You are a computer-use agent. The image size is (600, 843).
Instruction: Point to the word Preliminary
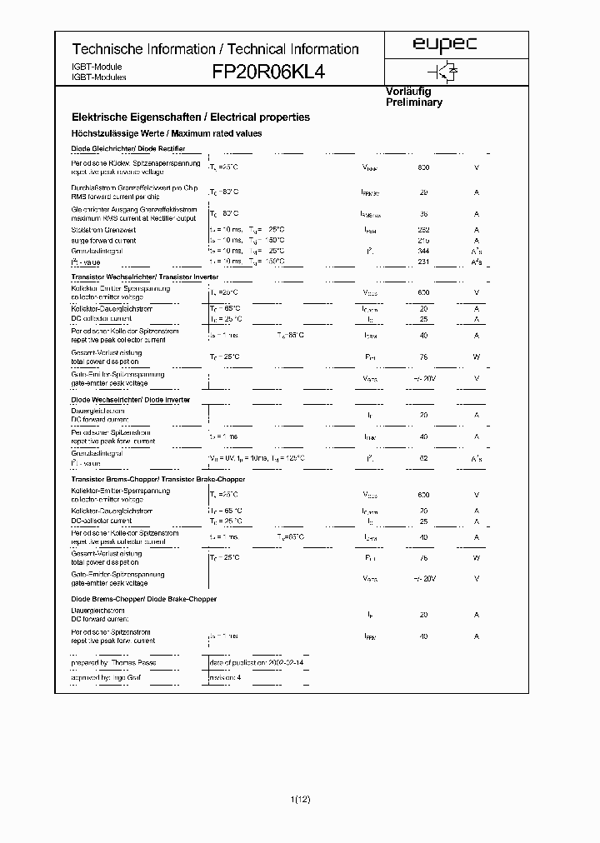[414, 102]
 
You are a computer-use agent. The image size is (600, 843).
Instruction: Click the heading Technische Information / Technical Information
[215, 49]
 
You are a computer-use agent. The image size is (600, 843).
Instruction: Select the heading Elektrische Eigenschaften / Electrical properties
[191, 117]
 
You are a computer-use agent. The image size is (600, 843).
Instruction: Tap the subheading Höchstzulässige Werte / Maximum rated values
[167, 133]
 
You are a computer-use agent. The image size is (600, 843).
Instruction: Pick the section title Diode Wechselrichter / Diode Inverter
[131, 400]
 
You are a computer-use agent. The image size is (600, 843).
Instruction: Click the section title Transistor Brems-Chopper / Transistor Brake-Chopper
[158, 479]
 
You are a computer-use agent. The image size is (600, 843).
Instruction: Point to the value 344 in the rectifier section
[422, 250]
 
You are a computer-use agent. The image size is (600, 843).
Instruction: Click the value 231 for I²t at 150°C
[422, 262]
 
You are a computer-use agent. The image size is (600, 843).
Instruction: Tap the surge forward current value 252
[422, 230]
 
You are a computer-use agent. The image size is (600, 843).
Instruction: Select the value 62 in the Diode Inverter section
[422, 457]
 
